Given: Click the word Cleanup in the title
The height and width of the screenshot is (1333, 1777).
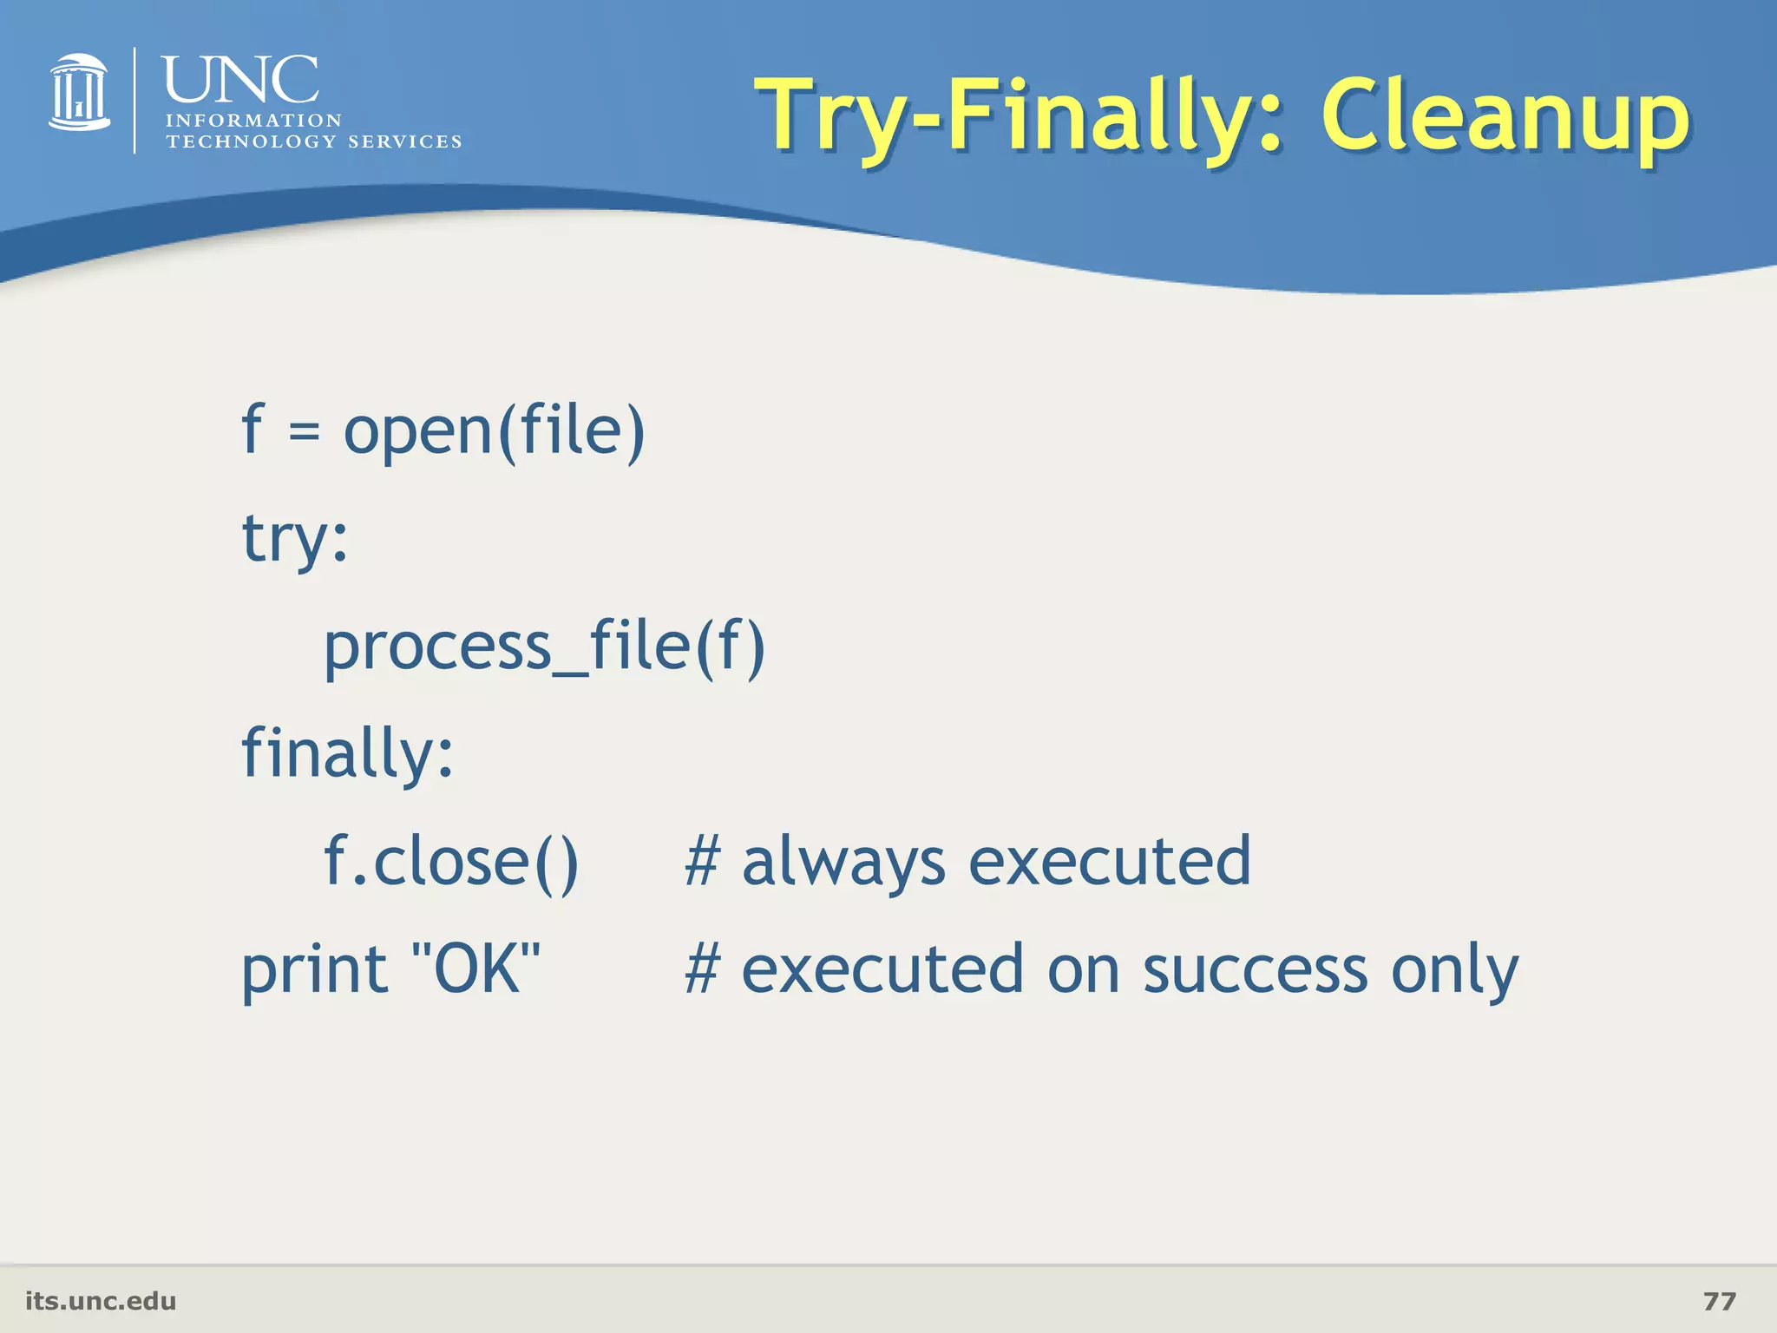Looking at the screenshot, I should (x=1505, y=115).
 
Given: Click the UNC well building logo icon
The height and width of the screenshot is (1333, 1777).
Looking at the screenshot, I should (x=79, y=92).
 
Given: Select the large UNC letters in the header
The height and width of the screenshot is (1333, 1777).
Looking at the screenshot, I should (x=240, y=80).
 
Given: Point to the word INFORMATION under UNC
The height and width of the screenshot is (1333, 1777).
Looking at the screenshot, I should (x=253, y=121).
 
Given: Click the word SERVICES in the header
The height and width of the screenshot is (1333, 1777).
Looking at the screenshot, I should (x=404, y=141).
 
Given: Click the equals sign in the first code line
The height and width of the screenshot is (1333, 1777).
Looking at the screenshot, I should (x=304, y=430).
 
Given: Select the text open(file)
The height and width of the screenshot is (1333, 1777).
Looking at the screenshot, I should (x=495, y=431).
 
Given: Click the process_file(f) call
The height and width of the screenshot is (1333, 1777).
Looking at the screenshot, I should (x=544, y=647).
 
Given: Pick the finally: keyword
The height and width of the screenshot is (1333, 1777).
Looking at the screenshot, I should (x=347, y=752).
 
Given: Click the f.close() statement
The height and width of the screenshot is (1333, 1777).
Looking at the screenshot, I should (x=451, y=861).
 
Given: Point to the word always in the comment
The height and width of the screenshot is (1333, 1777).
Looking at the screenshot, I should (x=843, y=861).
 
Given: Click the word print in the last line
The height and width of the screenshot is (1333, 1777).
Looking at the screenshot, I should (x=314, y=970).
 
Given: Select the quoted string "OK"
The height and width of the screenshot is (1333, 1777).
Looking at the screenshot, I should (x=476, y=969).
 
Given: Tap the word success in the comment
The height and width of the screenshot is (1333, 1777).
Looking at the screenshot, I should (x=1255, y=970).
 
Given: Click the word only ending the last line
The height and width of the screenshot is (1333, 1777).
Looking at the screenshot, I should (x=1454, y=970).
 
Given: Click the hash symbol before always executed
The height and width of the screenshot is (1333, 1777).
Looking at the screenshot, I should (x=702, y=861).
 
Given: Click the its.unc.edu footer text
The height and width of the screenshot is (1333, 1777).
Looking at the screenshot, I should (x=101, y=1301).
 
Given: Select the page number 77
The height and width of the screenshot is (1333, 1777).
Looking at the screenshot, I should (x=1719, y=1301).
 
